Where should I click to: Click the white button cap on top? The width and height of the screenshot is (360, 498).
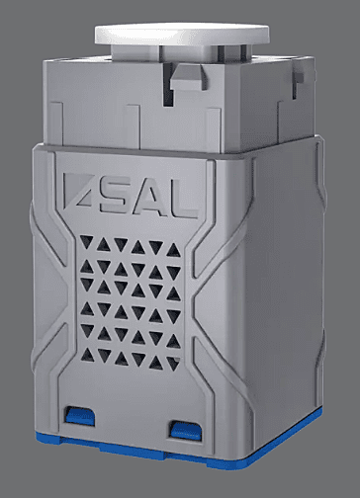[182, 34]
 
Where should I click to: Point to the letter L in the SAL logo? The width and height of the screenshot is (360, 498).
[185, 201]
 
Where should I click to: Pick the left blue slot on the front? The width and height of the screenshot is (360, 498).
[79, 415]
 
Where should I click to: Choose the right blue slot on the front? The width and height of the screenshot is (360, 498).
[186, 430]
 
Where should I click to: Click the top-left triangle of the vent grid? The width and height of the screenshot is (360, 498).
[87, 241]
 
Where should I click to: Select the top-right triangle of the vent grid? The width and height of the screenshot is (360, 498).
[173, 251]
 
